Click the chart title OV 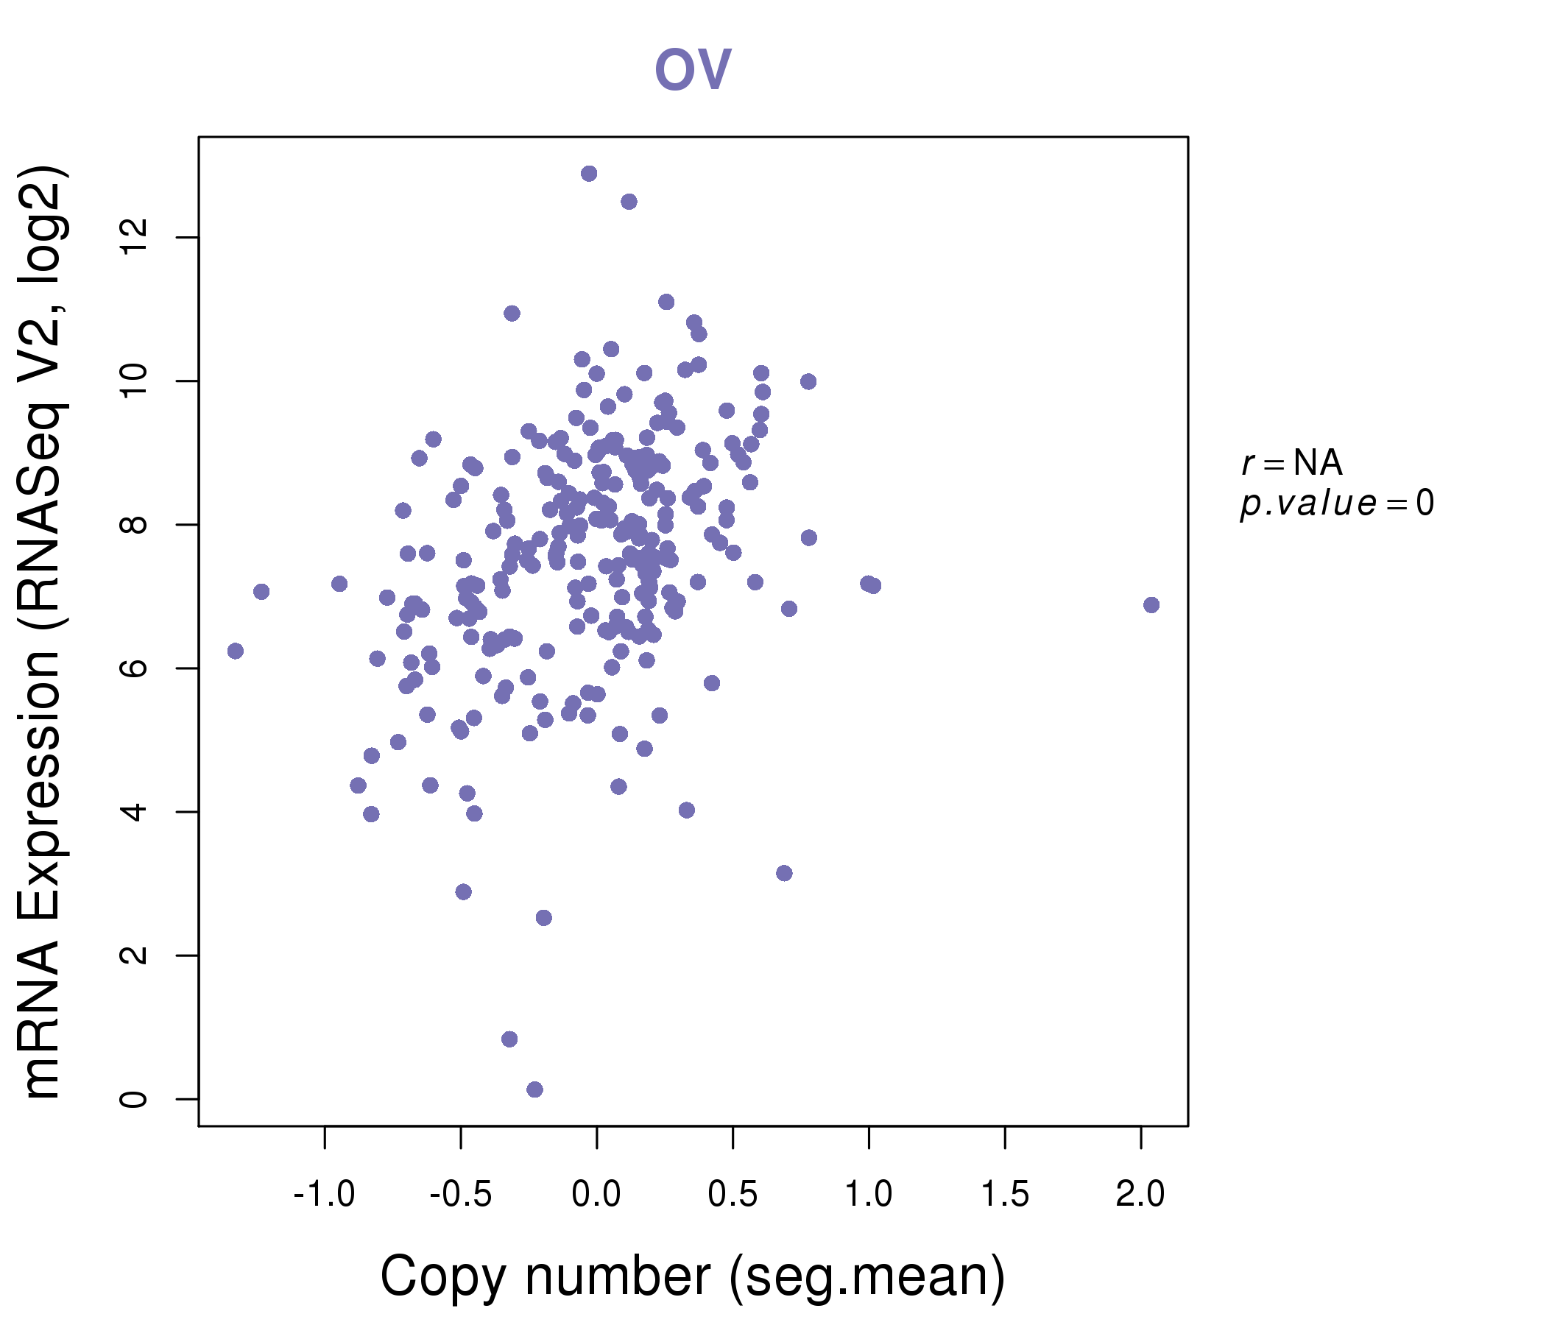693,69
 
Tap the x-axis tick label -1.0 324,1195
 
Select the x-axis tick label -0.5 460,1195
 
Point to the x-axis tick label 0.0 596,1195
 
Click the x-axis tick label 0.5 733,1195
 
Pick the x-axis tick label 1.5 1004,1195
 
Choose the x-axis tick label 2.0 1140,1195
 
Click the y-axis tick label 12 134,237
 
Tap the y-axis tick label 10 134,381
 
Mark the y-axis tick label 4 134,812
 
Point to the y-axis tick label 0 134,1099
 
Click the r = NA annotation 1291,463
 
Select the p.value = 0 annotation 1336,504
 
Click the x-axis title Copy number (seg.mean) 693,1276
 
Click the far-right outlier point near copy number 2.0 1151,605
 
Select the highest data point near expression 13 589,174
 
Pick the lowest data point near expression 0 535,1089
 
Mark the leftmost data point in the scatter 235,651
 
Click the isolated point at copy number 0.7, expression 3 784,873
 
